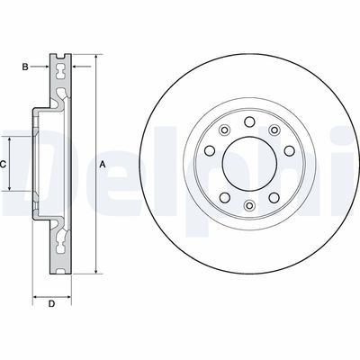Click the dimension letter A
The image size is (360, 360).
click(103, 164)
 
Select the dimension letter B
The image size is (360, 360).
click(26, 67)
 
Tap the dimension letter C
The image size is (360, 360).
click(4, 165)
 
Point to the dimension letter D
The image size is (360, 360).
click(51, 303)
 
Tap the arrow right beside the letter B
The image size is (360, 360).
click(46, 67)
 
